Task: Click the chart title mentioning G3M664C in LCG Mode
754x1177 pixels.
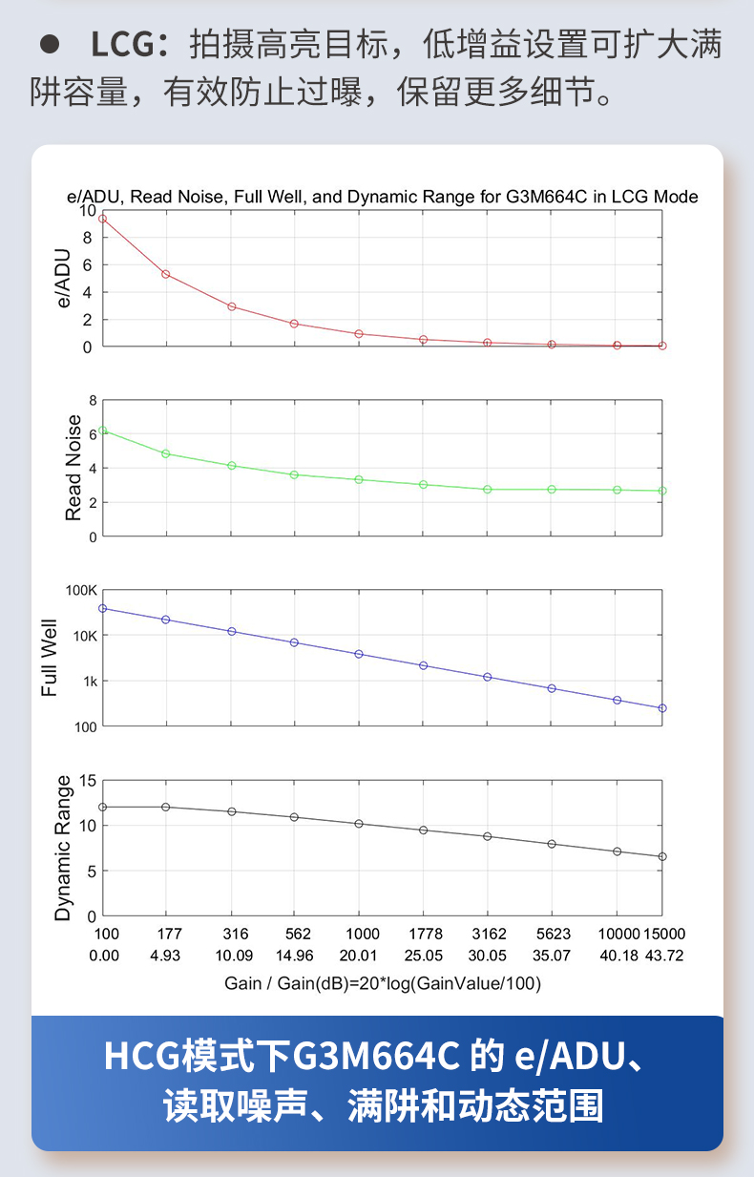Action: pos(382,197)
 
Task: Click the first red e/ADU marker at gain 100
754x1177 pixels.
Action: pos(103,219)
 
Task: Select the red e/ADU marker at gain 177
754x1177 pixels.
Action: pos(166,274)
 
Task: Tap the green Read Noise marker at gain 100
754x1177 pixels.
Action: pos(103,431)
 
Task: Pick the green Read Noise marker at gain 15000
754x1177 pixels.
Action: pos(662,491)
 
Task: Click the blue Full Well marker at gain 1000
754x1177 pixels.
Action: pos(359,654)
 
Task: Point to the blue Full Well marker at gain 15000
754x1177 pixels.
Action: pos(662,708)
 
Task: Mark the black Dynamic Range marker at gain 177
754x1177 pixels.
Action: pos(166,807)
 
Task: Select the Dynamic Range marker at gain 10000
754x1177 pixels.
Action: pos(617,851)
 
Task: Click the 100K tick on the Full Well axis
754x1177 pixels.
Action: pos(80,591)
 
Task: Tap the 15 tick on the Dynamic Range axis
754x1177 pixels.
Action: pos(88,781)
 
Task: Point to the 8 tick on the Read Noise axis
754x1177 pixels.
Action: pos(93,400)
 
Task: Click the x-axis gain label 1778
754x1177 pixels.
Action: pos(424,934)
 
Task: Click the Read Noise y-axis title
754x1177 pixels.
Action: pos(73,469)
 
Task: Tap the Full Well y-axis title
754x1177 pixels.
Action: pos(49,658)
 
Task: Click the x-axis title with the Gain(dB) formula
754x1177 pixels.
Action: pos(382,983)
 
